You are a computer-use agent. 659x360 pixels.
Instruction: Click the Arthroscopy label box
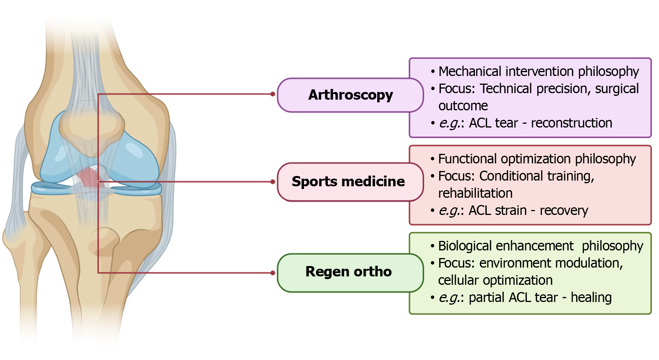(350, 95)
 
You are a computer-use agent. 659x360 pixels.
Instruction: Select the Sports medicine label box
(348, 182)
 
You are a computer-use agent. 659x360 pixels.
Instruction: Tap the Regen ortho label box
(348, 272)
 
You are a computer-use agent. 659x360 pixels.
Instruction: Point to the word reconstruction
(572, 123)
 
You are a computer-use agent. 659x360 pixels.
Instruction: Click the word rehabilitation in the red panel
(475, 193)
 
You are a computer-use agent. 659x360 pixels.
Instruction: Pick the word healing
(591, 297)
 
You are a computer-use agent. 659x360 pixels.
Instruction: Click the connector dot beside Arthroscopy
(273, 94)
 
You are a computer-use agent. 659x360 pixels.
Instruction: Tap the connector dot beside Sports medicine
(273, 182)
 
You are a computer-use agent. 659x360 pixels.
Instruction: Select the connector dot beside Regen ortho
(273, 273)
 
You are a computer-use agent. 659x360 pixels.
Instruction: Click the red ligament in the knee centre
(89, 176)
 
